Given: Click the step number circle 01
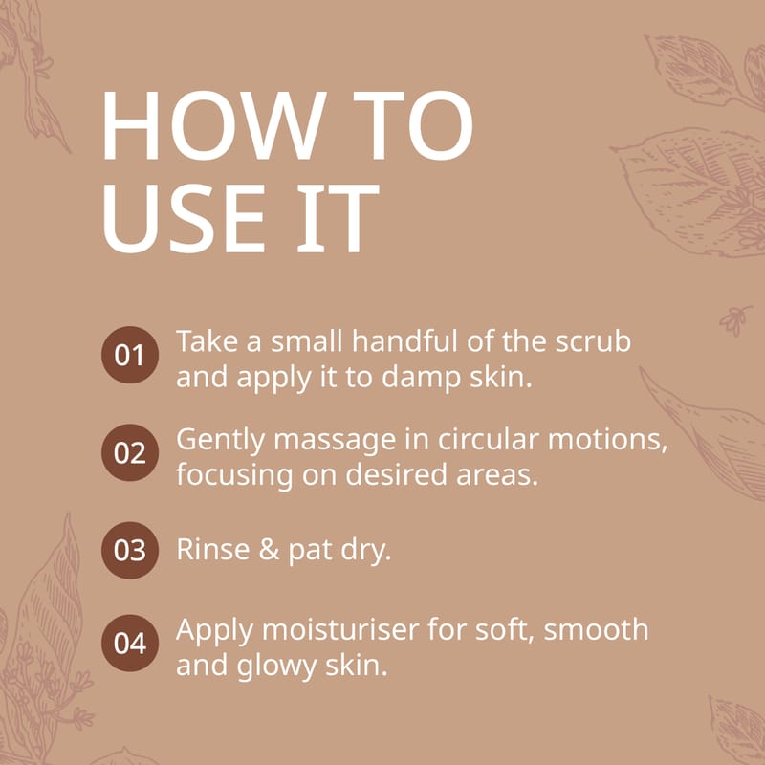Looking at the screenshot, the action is [x=130, y=355].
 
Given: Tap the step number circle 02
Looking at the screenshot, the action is [x=130, y=452].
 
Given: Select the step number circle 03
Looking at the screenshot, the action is [x=130, y=550].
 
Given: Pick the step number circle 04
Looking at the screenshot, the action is [x=130, y=643].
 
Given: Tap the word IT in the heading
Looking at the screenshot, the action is [x=338, y=219].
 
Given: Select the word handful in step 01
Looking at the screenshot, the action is [x=404, y=340].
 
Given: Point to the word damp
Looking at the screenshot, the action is [x=421, y=379].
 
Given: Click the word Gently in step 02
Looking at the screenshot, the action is [x=220, y=441].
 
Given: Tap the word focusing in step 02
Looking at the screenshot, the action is [x=234, y=475].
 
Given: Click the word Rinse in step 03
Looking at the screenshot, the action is [x=212, y=549].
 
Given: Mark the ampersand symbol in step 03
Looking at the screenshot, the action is [x=269, y=549].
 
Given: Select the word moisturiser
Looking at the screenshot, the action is [x=340, y=629].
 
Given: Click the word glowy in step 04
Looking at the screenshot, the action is [x=276, y=667].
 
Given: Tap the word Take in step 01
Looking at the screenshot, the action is [x=206, y=340].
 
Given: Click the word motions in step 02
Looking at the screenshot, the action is [x=607, y=440].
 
